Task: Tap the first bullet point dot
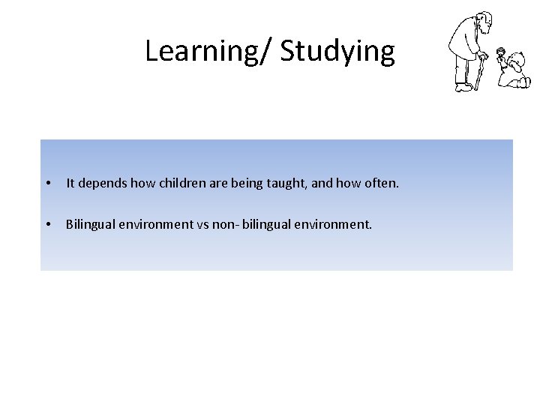click(47, 183)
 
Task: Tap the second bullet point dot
click(47, 224)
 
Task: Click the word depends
click(103, 182)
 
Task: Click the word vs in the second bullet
click(204, 223)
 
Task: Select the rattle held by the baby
click(501, 52)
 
